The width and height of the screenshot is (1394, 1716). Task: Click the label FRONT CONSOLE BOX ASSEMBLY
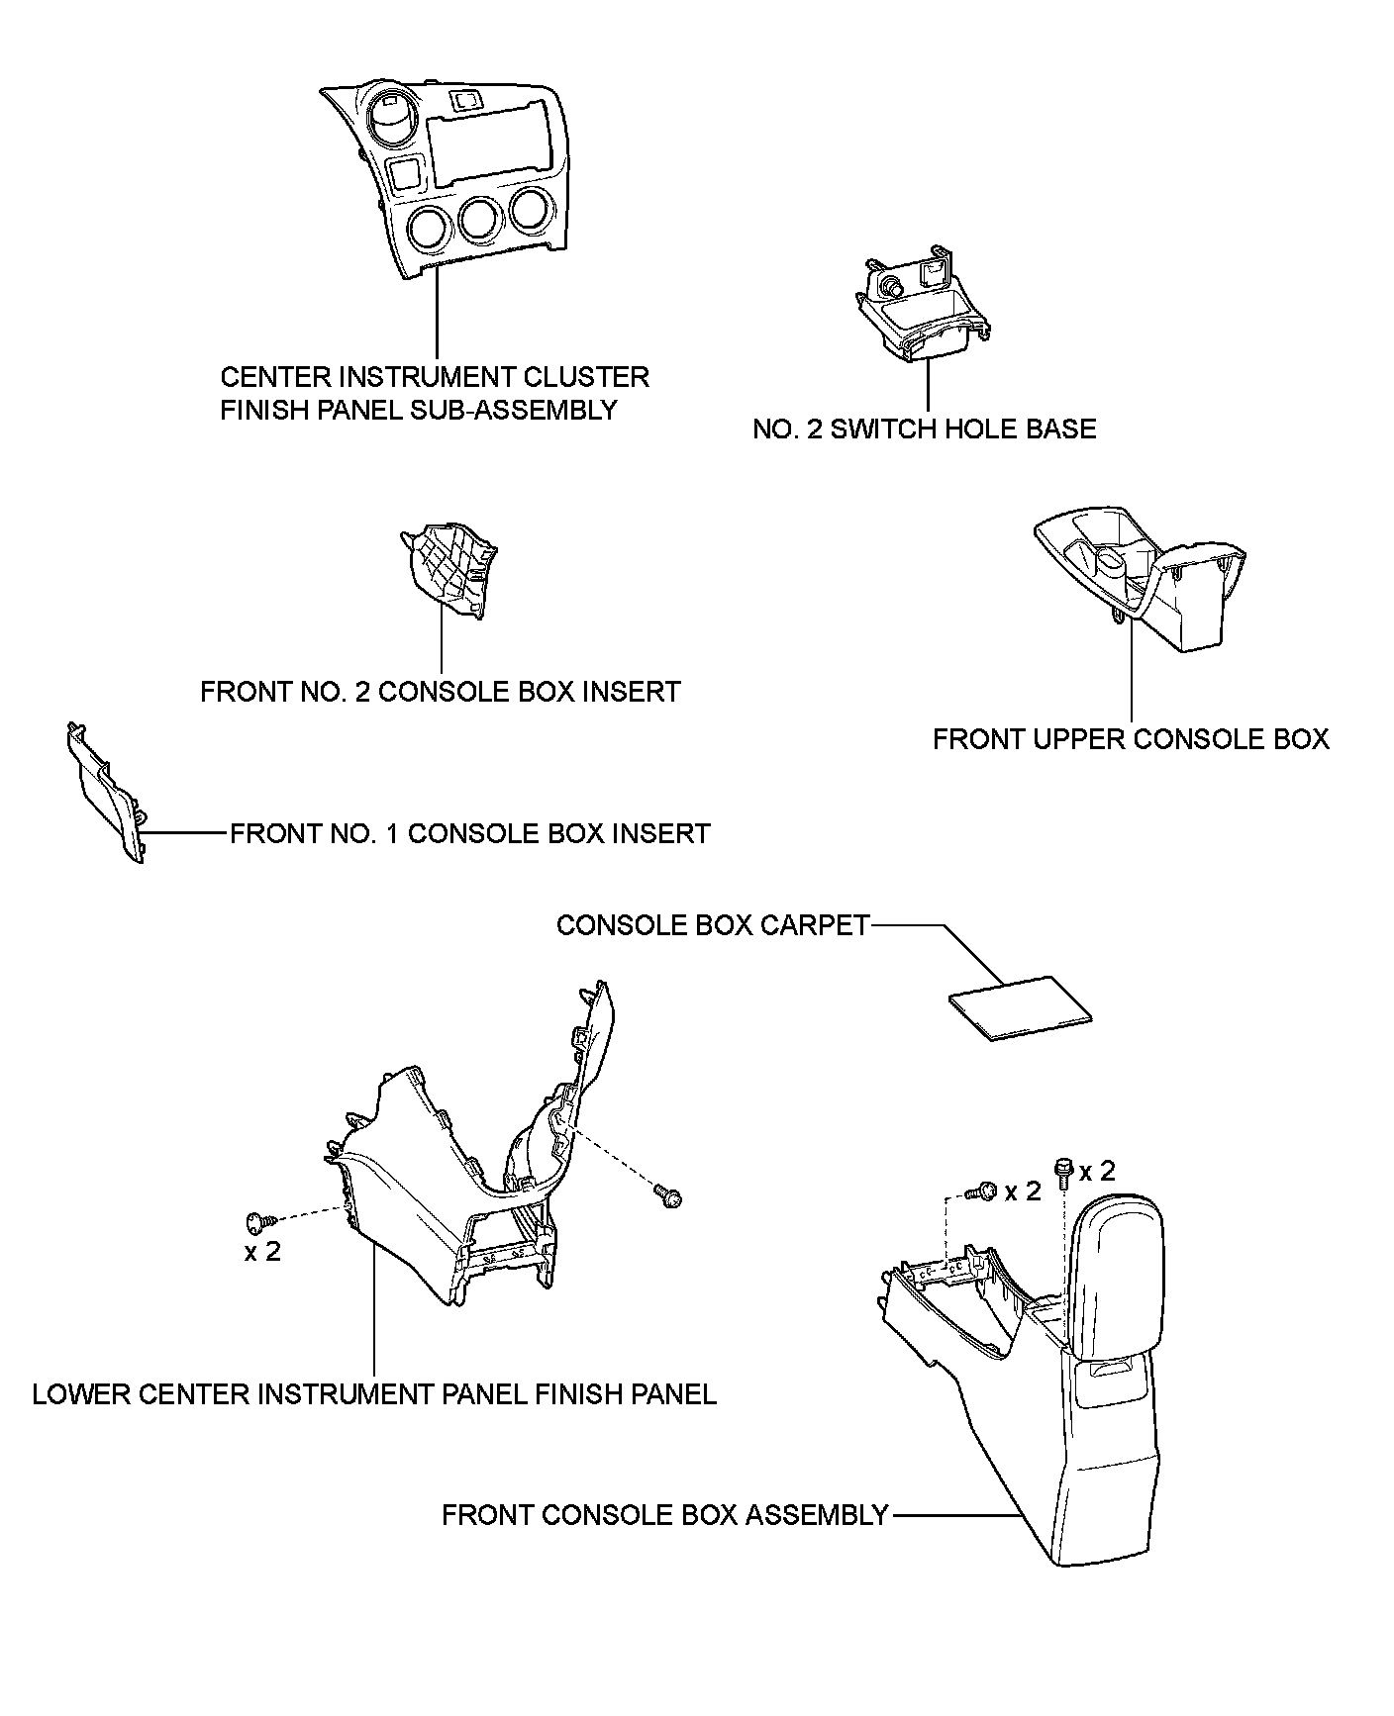click(664, 1515)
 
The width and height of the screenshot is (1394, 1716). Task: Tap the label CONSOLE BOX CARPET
click(712, 925)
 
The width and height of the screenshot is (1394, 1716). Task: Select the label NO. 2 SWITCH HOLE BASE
click(924, 429)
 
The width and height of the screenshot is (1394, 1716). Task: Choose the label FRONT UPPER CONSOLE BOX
click(1131, 739)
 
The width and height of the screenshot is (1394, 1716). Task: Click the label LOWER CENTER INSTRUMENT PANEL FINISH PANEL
click(374, 1394)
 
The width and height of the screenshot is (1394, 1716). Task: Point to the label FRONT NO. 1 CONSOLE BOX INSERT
click(469, 833)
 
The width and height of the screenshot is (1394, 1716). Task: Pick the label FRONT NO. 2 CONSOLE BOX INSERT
click(440, 691)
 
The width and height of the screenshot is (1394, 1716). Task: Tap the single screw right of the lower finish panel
click(670, 1197)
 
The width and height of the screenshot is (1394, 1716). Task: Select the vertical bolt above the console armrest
click(1064, 1171)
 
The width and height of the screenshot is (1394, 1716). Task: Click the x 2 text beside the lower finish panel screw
click(262, 1252)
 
